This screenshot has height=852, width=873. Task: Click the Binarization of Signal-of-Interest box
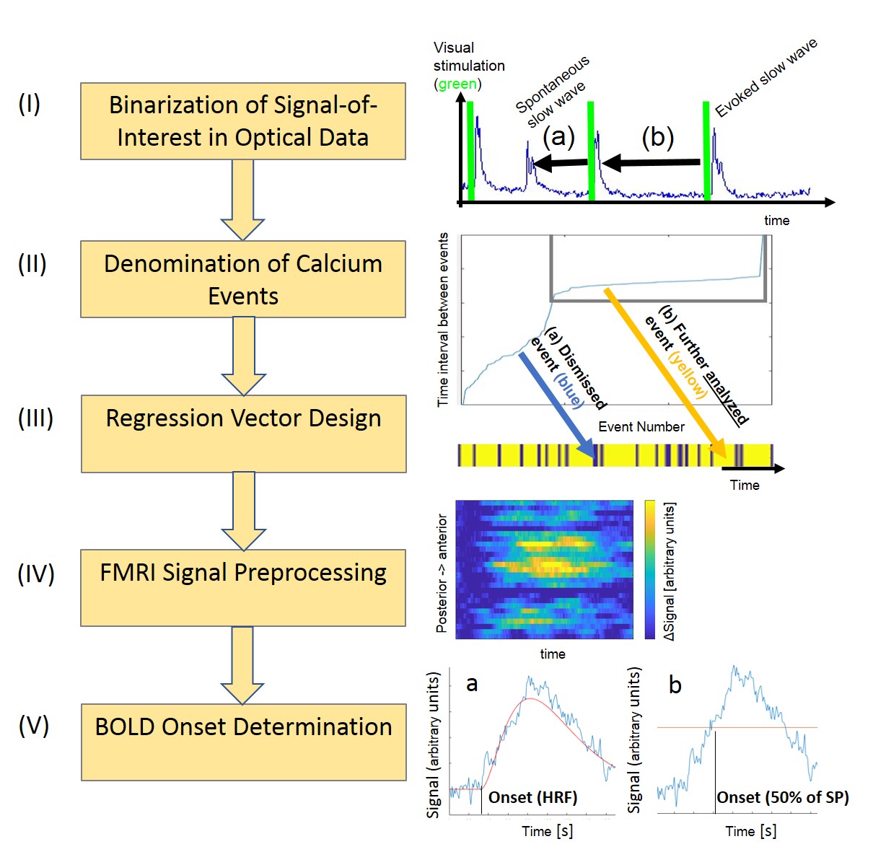242,121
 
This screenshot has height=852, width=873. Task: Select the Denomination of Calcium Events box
242,279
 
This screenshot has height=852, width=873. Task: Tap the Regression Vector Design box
243,434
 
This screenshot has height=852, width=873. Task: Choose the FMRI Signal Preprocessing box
242,587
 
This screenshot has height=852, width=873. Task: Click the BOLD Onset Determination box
243,742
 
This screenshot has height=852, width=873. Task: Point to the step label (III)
35,418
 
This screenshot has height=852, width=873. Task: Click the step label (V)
34,726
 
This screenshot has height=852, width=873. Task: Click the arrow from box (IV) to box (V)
242,664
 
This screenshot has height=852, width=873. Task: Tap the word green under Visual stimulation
457,84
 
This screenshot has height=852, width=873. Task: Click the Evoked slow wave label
766,77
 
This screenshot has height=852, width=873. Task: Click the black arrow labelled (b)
651,163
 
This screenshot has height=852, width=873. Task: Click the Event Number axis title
641,426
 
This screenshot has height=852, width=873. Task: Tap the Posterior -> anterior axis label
442,574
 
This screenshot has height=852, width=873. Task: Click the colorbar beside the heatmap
649,570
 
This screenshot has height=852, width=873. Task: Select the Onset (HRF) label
532,797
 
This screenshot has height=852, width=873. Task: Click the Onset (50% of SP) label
782,797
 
